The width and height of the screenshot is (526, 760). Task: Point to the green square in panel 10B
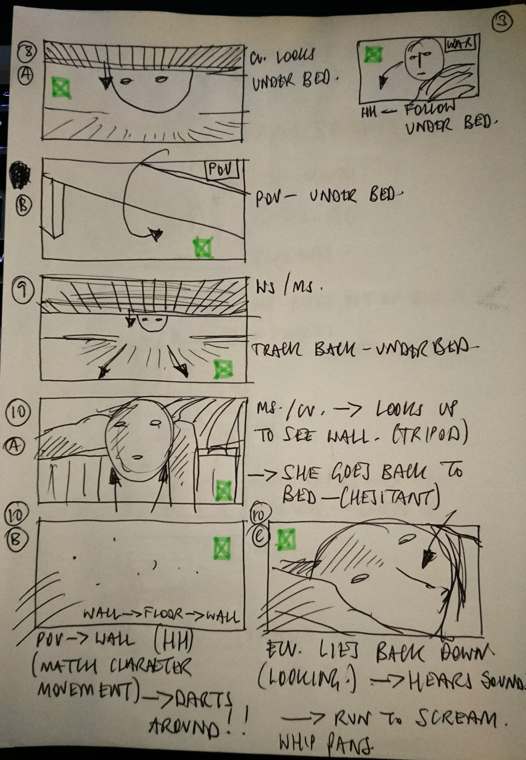click(x=222, y=548)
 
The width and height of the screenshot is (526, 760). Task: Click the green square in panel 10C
click(x=286, y=540)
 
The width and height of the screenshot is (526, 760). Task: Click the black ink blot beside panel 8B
click(x=20, y=175)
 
